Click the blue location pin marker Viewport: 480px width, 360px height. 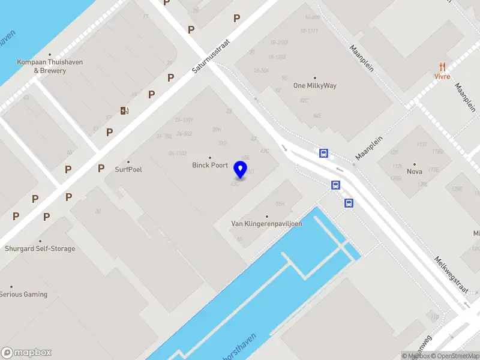coord(241,170)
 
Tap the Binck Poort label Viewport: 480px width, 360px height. coord(210,165)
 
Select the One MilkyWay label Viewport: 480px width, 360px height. coord(315,85)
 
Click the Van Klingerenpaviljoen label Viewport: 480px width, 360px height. coord(267,224)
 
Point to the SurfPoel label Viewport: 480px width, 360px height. coord(128,169)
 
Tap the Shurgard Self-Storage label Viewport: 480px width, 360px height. coord(40,248)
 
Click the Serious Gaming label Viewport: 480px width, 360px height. coord(23,295)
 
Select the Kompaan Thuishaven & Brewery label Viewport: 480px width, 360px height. coord(50,66)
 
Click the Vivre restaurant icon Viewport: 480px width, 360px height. coord(442,67)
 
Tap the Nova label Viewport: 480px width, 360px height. coord(415,172)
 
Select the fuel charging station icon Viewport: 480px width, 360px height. coord(124,110)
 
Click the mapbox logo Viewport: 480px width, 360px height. coord(26,353)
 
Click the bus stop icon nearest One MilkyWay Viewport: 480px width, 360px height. coord(324,154)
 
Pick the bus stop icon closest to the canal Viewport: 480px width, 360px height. coord(349,203)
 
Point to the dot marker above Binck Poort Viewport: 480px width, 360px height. coord(210,158)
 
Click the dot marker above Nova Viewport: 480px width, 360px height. coord(415,164)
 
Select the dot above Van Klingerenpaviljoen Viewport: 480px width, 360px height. coord(267,217)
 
